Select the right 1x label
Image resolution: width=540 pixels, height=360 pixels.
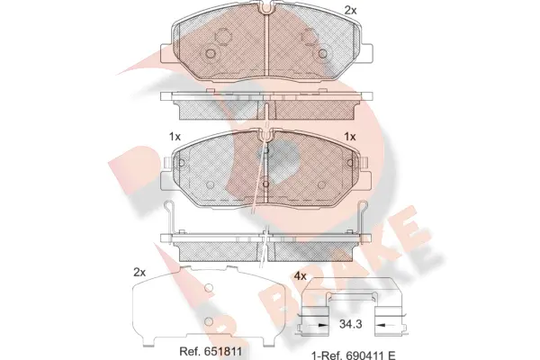click(350, 136)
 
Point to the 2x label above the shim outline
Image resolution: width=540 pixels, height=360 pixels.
click(139, 271)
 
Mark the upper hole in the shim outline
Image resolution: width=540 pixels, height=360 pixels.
click(209, 289)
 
